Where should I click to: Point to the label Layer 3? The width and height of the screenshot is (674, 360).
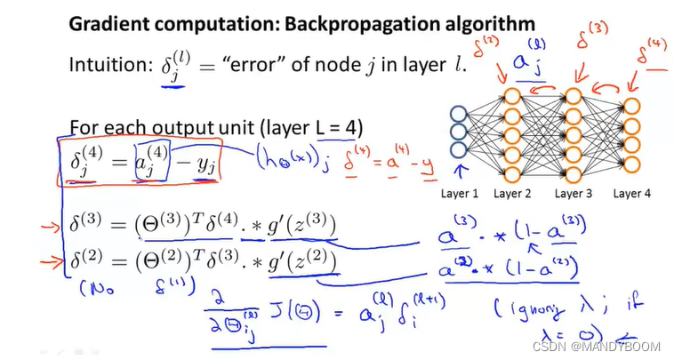click(x=574, y=194)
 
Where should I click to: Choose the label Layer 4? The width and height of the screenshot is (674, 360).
click(x=633, y=194)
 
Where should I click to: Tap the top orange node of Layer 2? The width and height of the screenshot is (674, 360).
click(x=513, y=95)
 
